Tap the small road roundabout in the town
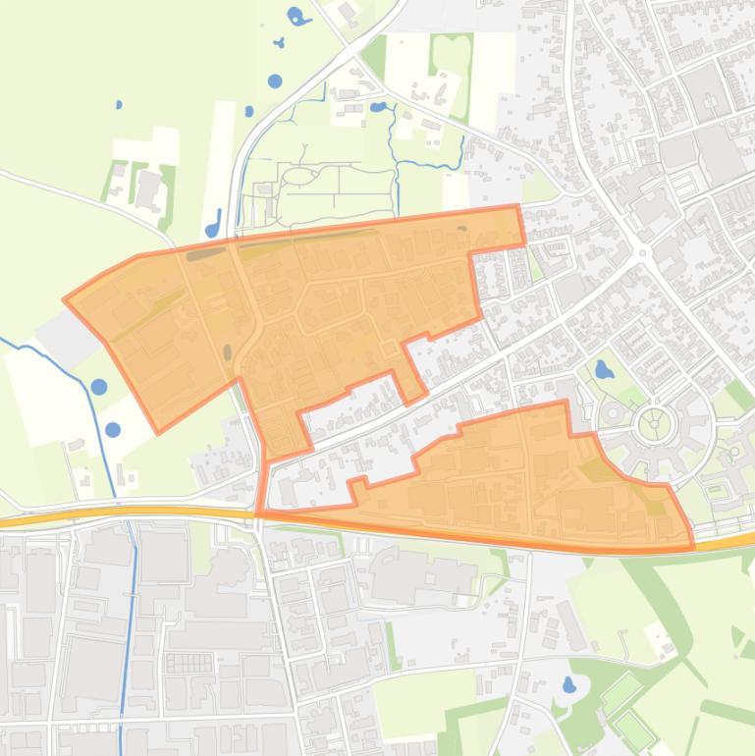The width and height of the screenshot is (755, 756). pyautogui.click(x=644, y=252)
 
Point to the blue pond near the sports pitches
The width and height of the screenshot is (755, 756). pyautogui.click(x=567, y=684)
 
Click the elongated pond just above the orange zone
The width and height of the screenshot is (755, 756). pyautogui.click(x=213, y=222)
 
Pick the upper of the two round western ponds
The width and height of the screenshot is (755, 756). pyautogui.click(x=99, y=387)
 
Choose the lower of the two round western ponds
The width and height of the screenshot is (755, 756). pyautogui.click(x=113, y=429)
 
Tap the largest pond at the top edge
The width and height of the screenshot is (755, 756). pyautogui.click(x=296, y=16)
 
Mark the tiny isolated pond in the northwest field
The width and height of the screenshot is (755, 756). pyautogui.click(x=119, y=104)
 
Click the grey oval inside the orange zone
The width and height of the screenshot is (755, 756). pyautogui.click(x=228, y=351)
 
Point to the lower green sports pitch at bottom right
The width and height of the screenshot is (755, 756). pyautogui.click(x=633, y=729)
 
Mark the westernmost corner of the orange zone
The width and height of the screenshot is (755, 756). pyautogui.click(x=65, y=299)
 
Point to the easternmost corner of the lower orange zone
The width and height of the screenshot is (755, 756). pyautogui.click(x=692, y=545)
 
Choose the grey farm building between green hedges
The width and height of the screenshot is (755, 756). pyautogui.click(x=148, y=186)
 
